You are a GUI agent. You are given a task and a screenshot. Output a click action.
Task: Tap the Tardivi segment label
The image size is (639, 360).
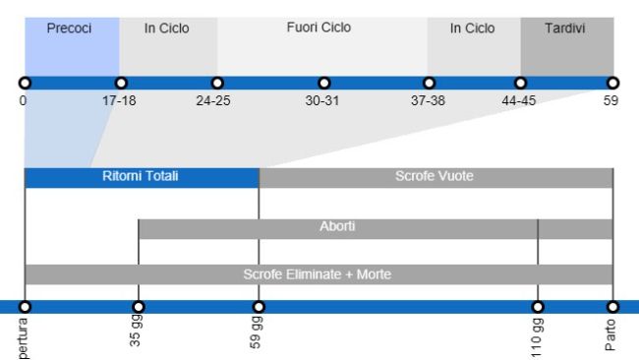566,29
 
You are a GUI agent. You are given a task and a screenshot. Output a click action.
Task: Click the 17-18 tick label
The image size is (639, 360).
120,101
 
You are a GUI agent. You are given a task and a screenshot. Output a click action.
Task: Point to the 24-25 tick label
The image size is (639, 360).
213,101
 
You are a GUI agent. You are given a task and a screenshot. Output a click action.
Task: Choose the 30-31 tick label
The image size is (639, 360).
323,101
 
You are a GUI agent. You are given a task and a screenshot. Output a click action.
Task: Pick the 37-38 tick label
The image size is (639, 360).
429,101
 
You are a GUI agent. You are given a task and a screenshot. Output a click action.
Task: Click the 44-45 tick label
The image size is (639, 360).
520,101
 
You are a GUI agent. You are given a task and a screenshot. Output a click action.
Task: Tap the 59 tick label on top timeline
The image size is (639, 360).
611,101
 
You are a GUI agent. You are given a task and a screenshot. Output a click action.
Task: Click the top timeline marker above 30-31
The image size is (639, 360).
323,83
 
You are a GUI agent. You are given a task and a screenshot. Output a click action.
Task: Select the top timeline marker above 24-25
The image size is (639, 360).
217,83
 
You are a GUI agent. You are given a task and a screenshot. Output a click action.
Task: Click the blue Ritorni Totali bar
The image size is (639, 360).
142,178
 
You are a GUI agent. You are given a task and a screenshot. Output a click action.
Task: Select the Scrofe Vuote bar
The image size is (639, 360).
436,178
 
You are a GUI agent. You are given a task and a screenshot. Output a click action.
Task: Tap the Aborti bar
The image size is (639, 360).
337,228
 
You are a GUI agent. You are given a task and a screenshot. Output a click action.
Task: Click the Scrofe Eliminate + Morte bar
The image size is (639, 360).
319,274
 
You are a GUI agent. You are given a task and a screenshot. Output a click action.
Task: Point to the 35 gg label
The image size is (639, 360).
138,333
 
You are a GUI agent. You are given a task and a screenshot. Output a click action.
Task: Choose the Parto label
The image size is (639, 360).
612,333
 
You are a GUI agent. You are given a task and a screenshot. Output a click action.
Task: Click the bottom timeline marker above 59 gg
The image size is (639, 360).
259,306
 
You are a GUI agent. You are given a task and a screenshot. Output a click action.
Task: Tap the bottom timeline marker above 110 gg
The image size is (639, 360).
538,306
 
